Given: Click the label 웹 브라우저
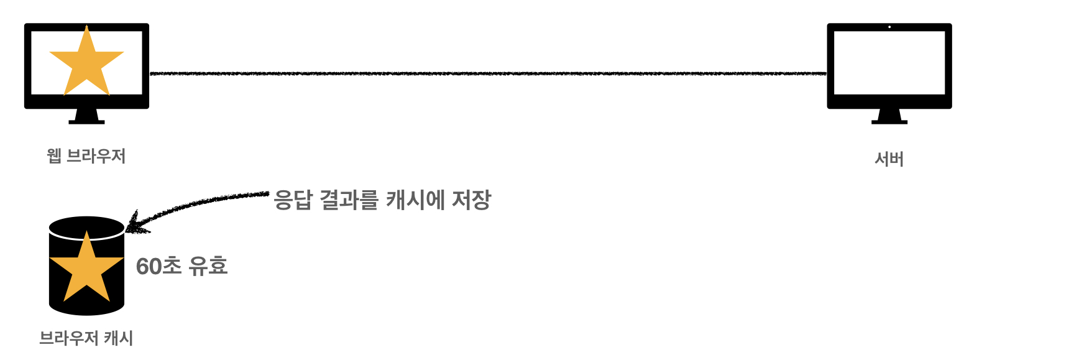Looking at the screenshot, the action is coord(86,155).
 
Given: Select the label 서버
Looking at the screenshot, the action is coord(889,159).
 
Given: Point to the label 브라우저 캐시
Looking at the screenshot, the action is coord(86,338).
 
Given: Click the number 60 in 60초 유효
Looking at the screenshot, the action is coord(149,267).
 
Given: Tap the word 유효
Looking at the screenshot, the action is coord(208,266).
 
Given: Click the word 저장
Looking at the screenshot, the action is coord(471,200).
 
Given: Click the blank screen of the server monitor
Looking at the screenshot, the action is coord(889,62).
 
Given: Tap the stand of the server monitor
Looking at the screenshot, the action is coord(889,117).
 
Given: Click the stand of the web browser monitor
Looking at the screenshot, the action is coord(86,117).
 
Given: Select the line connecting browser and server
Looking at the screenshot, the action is coord(488,73).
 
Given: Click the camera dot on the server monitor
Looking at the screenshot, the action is coord(889,27).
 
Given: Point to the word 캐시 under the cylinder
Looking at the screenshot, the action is coord(119,338).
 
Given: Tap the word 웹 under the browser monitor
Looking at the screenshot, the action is coord(54,155).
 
